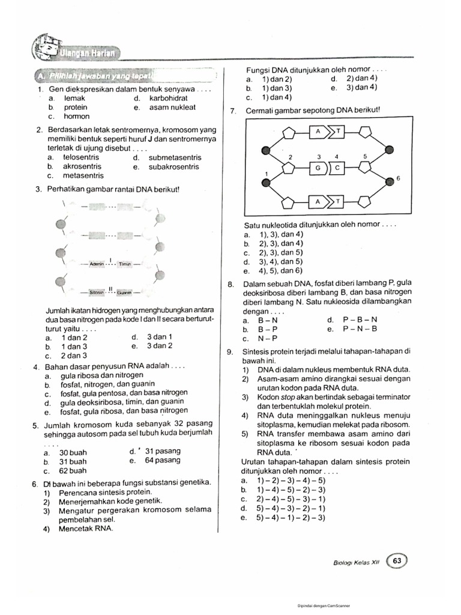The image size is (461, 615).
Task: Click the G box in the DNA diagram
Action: [x=317, y=168]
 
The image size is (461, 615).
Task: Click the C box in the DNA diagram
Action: [x=337, y=168]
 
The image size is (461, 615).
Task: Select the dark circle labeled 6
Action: [x=390, y=179]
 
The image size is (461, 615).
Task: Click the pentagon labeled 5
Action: [x=366, y=168]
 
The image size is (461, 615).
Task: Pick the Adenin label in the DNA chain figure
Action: [x=97, y=264]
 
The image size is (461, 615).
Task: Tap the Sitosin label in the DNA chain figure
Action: [x=97, y=292]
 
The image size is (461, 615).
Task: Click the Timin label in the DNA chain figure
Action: [x=125, y=264]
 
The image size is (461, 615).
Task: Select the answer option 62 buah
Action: [x=73, y=471]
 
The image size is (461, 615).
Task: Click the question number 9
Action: [x=229, y=351]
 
